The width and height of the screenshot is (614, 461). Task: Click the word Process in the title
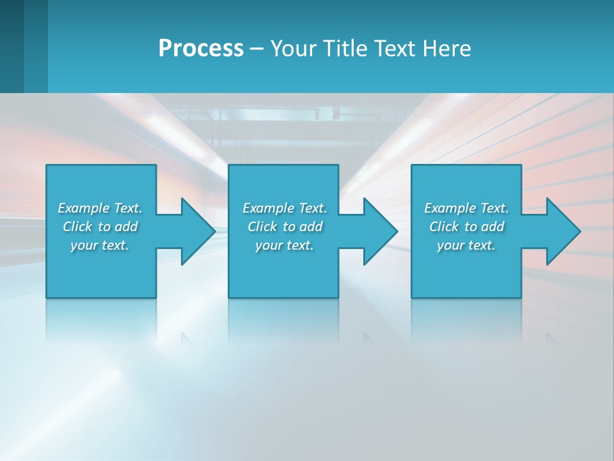pos(201,49)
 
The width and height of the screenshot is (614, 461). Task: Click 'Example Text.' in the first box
pos(100,208)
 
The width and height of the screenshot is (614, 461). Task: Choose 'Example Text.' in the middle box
pos(285,208)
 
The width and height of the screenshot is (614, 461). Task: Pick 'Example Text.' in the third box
pos(466,208)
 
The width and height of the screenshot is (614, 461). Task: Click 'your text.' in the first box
pos(100,245)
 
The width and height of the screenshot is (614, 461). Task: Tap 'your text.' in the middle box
pos(285,245)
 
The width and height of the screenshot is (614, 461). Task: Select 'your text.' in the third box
pos(466,245)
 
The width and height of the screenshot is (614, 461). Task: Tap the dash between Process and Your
pos(256,49)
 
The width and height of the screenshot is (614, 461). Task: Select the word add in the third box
pos(492,227)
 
